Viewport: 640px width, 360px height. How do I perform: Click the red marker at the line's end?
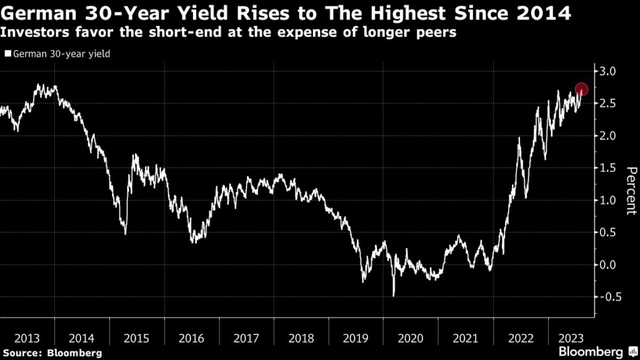click(581, 89)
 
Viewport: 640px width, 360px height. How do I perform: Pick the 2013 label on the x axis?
click(27, 338)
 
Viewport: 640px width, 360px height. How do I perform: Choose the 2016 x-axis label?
click(191, 338)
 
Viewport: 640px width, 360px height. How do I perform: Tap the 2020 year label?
click(411, 338)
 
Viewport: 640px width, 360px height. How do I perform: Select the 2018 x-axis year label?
click(301, 338)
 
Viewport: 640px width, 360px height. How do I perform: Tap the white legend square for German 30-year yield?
click(7, 54)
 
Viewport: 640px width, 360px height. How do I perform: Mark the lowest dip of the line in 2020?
click(394, 295)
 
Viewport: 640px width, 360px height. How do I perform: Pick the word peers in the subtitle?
click(436, 32)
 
